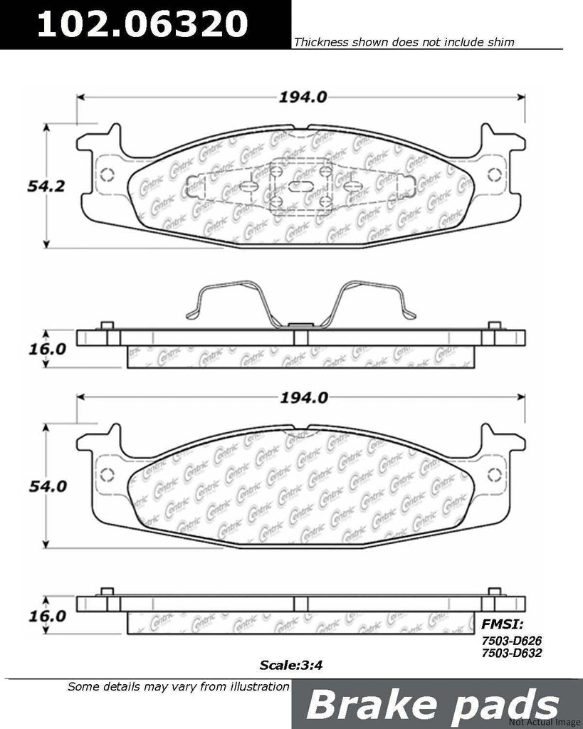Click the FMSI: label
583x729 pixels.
pyautogui.click(x=503, y=625)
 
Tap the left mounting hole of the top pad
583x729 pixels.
pyautogui.click(x=107, y=176)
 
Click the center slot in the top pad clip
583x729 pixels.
pyautogui.click(x=299, y=186)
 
